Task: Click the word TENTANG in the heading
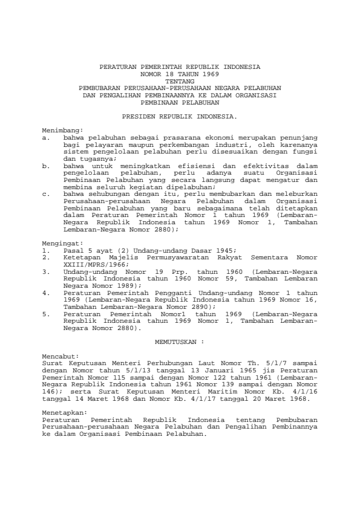pos(180,80)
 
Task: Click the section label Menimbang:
pos(62,130)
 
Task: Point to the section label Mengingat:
pos(62,244)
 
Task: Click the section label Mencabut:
pos(60,357)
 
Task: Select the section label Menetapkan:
pos(64,412)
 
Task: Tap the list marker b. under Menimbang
pos(46,164)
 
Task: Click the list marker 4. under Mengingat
pos(46,292)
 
